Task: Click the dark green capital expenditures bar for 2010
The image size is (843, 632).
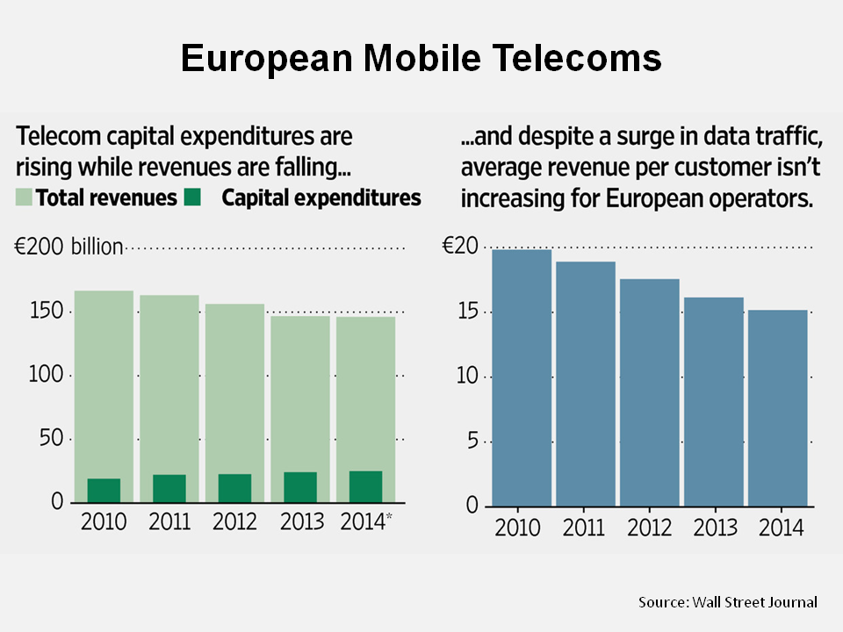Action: [104, 490]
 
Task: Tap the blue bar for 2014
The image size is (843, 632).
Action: [778, 407]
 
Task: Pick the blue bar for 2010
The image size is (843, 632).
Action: [522, 377]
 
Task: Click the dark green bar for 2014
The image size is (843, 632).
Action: [365, 486]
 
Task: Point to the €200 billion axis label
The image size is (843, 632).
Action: [68, 247]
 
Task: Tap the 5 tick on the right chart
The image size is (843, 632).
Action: [472, 441]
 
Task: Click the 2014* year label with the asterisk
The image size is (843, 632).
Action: [365, 521]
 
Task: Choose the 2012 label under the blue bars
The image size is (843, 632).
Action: [649, 529]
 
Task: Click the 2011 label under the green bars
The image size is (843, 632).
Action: [169, 521]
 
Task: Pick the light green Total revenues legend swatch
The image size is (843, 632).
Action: [25, 198]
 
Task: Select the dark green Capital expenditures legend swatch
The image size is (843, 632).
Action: [193, 198]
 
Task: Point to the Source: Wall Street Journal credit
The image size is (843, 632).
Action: [727, 601]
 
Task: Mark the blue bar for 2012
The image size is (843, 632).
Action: [650, 391]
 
